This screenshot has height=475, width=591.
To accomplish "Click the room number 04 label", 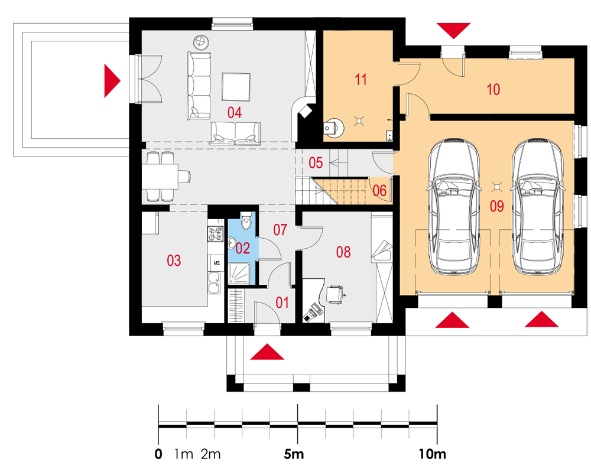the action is (x=235, y=113).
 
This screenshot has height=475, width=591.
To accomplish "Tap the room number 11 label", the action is (x=361, y=80).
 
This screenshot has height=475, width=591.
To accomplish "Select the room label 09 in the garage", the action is (x=497, y=206).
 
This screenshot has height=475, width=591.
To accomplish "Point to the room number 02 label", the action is (x=243, y=248).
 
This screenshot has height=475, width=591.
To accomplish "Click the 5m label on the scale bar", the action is (x=294, y=454).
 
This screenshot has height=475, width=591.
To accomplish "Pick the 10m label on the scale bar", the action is (x=432, y=454).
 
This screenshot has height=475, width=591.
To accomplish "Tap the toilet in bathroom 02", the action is (x=246, y=221).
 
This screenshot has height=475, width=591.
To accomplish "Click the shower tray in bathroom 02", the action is (x=239, y=274).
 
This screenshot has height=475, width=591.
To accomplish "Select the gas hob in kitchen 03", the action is (x=215, y=234).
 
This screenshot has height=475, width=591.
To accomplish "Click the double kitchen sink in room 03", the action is (x=215, y=282).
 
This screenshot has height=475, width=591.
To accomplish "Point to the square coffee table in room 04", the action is (x=236, y=87).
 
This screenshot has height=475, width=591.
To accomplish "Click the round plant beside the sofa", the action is (x=202, y=42).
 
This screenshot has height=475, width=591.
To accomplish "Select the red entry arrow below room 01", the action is (x=267, y=352).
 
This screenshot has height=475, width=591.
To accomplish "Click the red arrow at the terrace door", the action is (x=112, y=80).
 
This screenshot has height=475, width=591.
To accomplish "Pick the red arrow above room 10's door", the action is (x=454, y=31).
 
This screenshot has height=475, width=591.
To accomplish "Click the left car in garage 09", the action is (x=454, y=206).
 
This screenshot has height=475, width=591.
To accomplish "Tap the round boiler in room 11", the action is (x=333, y=128).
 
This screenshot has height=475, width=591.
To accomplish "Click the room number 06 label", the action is (x=379, y=191).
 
